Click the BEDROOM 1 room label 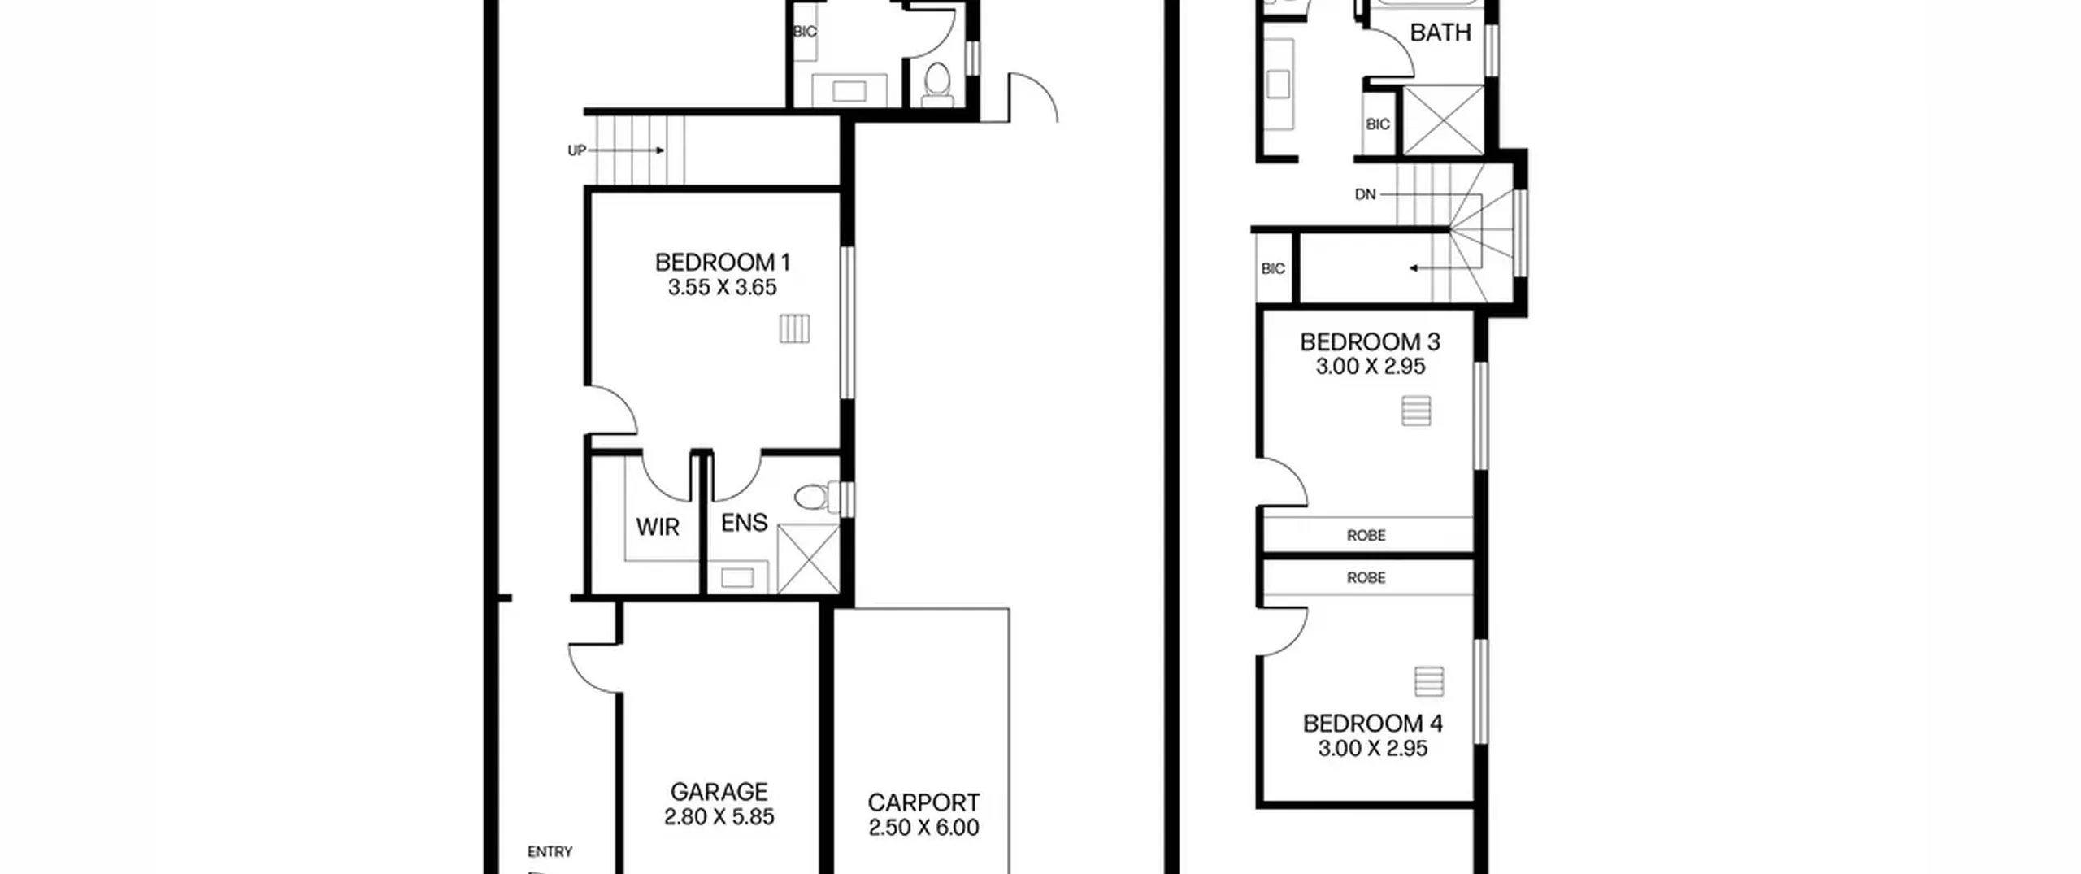[722, 263]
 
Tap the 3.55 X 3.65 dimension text [722, 288]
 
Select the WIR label [658, 528]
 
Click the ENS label [744, 523]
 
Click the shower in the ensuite [808, 559]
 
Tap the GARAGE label [719, 792]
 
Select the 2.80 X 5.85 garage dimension [719, 816]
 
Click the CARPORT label [923, 803]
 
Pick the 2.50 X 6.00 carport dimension [923, 828]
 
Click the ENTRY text [550, 852]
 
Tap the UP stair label [576, 151]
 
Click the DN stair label [1366, 195]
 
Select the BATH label [1440, 33]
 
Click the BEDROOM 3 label [1371, 342]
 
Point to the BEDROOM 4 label [1373, 724]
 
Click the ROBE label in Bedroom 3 [1366, 536]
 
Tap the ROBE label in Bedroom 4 [1366, 578]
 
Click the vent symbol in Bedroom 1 [794, 329]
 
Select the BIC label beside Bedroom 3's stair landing [1273, 269]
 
